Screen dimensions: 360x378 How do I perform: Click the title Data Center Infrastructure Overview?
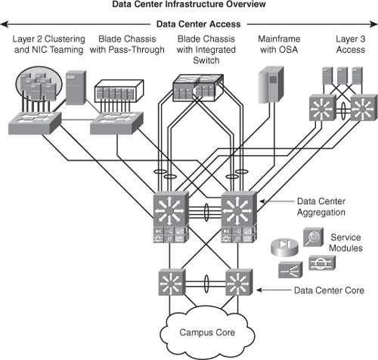189,6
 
